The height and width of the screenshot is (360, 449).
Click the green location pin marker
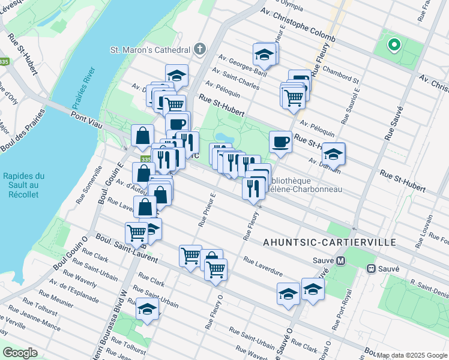[x=394, y=44]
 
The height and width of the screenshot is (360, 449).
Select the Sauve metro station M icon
[x=341, y=261]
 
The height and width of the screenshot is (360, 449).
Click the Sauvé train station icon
[x=372, y=268]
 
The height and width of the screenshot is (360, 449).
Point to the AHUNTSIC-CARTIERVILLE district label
[x=330, y=242]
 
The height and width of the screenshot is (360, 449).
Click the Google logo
[x=20, y=353]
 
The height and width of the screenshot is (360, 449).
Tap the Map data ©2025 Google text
[x=408, y=355]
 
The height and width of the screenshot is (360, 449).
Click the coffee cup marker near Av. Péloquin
[x=280, y=142]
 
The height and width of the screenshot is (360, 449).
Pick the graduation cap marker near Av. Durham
[x=333, y=154]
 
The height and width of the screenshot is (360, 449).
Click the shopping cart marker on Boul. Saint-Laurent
[x=137, y=232]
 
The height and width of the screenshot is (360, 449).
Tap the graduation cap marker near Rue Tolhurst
[x=147, y=309]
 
